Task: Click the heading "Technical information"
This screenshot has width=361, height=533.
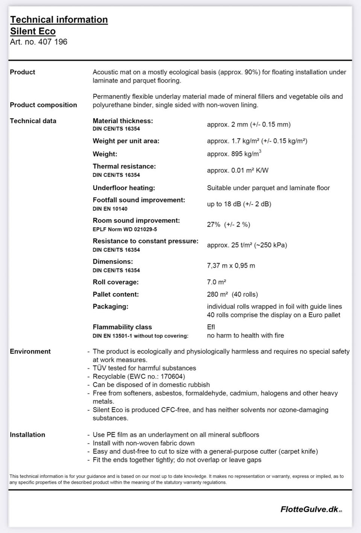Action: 59,20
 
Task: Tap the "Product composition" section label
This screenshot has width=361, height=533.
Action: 43,105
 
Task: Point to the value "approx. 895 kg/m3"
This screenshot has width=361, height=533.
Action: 234,154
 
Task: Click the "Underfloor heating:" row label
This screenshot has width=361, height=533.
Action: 124,188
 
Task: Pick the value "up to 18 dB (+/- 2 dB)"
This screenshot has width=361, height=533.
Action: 239,204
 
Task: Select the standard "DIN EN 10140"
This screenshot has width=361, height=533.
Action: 110,209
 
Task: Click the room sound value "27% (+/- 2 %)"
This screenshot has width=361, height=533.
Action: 228,225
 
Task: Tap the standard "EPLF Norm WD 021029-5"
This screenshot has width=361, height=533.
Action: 125,229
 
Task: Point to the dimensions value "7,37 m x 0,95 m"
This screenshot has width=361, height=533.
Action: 231,266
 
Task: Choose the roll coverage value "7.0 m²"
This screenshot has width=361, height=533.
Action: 216,282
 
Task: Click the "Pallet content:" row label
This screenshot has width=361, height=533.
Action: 115,294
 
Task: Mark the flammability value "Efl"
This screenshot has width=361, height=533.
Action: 211,327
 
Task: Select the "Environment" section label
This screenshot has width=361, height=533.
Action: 30,352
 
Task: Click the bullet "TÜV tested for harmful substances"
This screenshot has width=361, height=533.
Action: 144,368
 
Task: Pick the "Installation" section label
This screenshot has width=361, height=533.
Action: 27,435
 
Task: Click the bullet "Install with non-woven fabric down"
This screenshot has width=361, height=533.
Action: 144,443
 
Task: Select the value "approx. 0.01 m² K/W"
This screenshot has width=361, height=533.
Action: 238,171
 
